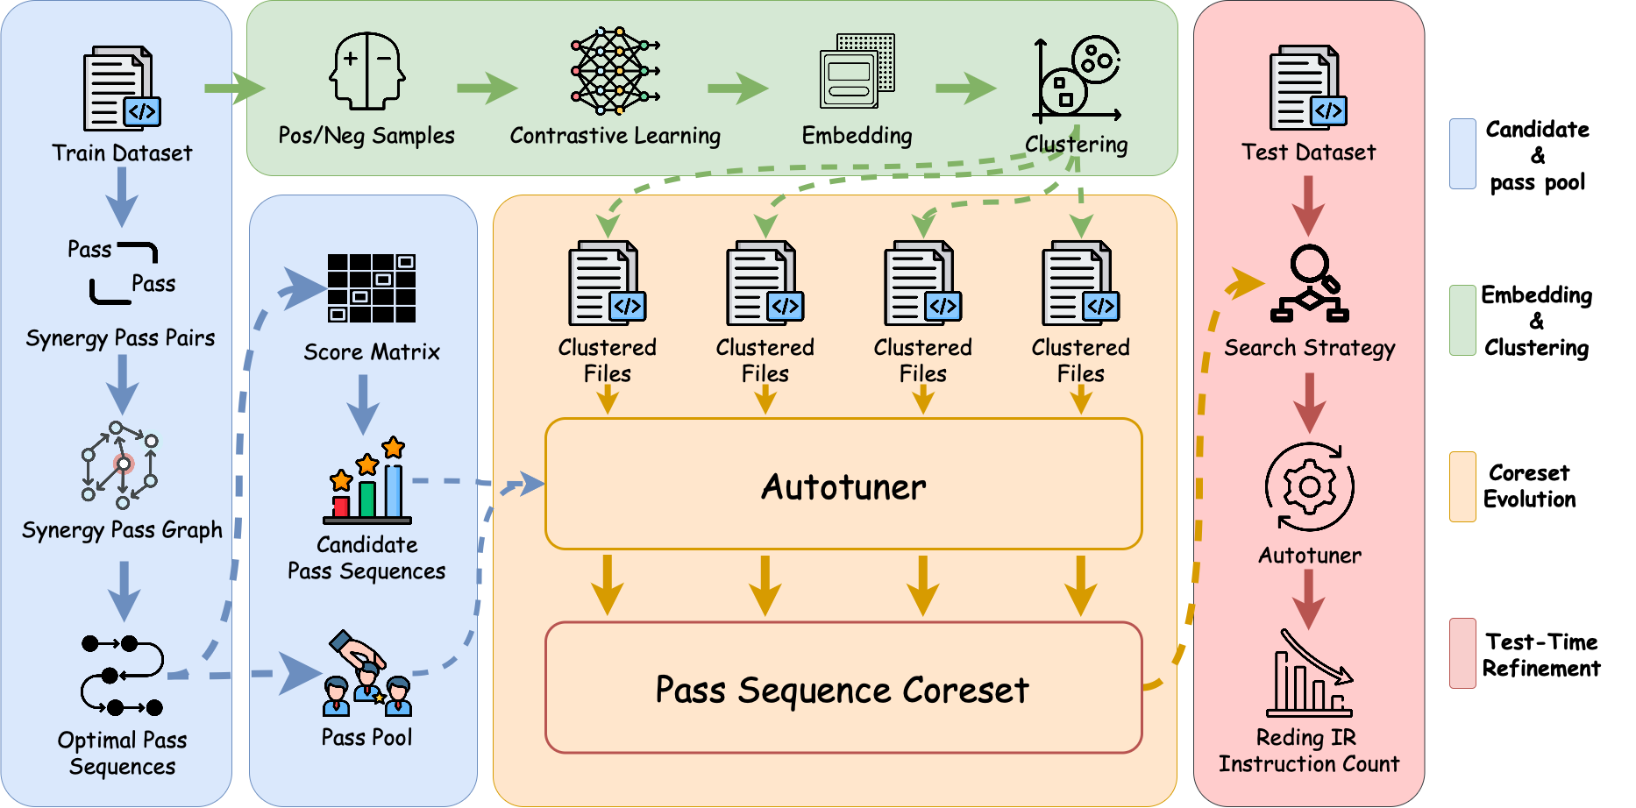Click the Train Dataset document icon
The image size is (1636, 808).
pyautogui.click(x=121, y=89)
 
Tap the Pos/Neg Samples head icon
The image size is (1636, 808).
pyautogui.click(x=366, y=71)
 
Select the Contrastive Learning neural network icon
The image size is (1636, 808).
pyautogui.click(x=614, y=71)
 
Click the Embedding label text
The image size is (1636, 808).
pyautogui.click(x=857, y=136)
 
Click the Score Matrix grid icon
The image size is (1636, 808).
pyautogui.click(x=371, y=288)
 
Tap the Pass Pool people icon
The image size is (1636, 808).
pyautogui.click(x=367, y=674)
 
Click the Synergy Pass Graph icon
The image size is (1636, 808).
pyautogui.click(x=120, y=465)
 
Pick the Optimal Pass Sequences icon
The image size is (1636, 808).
pyautogui.click(x=122, y=676)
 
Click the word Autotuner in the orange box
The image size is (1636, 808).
pyautogui.click(x=843, y=487)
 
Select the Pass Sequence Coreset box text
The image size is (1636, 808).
pyautogui.click(x=842, y=690)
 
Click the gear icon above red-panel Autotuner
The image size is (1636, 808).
pyautogui.click(x=1309, y=487)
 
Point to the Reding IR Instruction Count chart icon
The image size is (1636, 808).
pyautogui.click(x=1309, y=675)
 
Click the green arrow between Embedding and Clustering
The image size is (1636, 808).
pyautogui.click(x=965, y=88)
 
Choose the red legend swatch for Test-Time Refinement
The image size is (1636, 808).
pyautogui.click(x=1462, y=653)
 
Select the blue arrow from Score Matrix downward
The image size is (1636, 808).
pyautogui.click(x=363, y=404)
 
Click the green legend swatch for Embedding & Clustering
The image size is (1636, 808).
pyautogui.click(x=1462, y=320)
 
